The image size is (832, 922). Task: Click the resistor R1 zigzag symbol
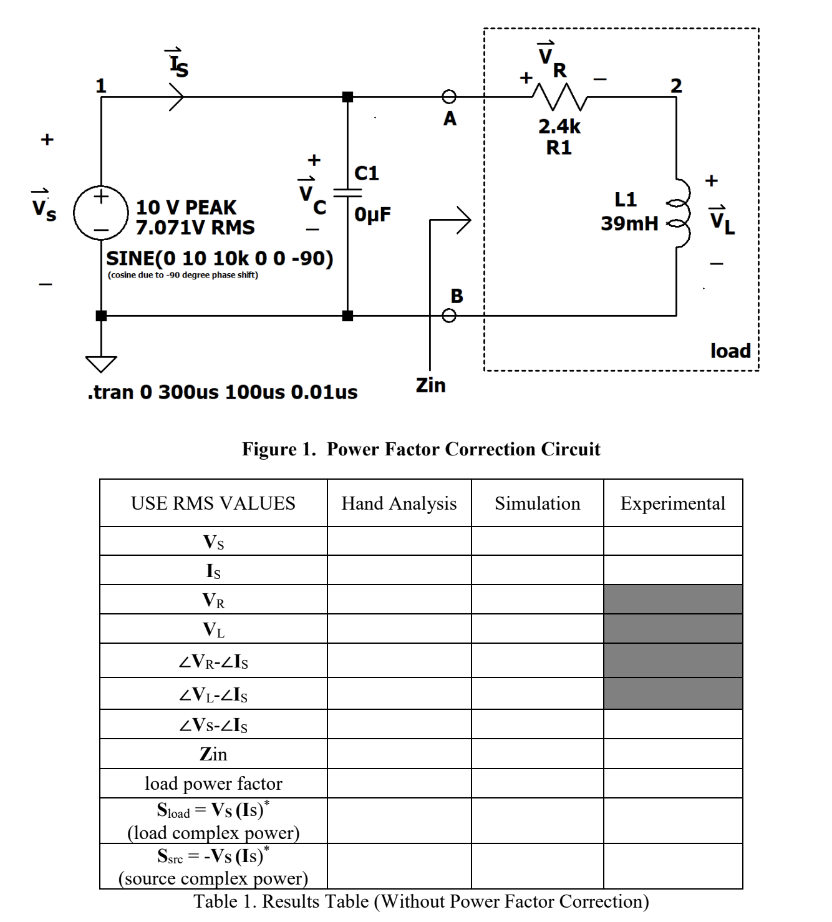coord(559,97)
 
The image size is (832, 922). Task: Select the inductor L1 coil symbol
coord(679,212)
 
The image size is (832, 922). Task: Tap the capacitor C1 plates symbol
coord(347,193)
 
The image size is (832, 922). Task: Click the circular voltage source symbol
coord(100,213)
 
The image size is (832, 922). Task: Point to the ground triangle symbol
coord(101,363)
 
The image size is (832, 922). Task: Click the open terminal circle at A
coord(449,97)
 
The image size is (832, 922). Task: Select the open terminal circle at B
coord(449,316)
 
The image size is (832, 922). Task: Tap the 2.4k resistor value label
coord(559,127)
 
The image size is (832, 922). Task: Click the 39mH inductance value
coord(629,223)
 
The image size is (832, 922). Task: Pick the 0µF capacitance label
coord(373,215)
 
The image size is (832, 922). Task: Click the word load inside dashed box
coord(730,351)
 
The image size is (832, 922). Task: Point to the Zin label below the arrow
coord(431,385)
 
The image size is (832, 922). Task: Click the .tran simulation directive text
coord(223,392)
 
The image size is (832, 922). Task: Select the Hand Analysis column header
coord(399,503)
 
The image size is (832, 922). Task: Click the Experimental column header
coord(672,503)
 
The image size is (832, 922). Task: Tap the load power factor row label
coord(213,784)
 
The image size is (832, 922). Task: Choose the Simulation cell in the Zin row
coord(537,754)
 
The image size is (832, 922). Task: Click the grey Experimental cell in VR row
coord(672,599)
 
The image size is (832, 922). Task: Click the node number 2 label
coord(676,85)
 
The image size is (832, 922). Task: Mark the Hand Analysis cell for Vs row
coord(399,541)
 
